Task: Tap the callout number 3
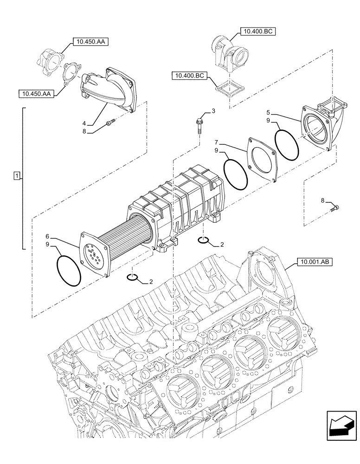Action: pos(213,111)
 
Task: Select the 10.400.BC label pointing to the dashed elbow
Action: pos(257,32)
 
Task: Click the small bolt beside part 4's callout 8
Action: pos(109,123)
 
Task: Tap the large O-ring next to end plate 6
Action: pos(68,271)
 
